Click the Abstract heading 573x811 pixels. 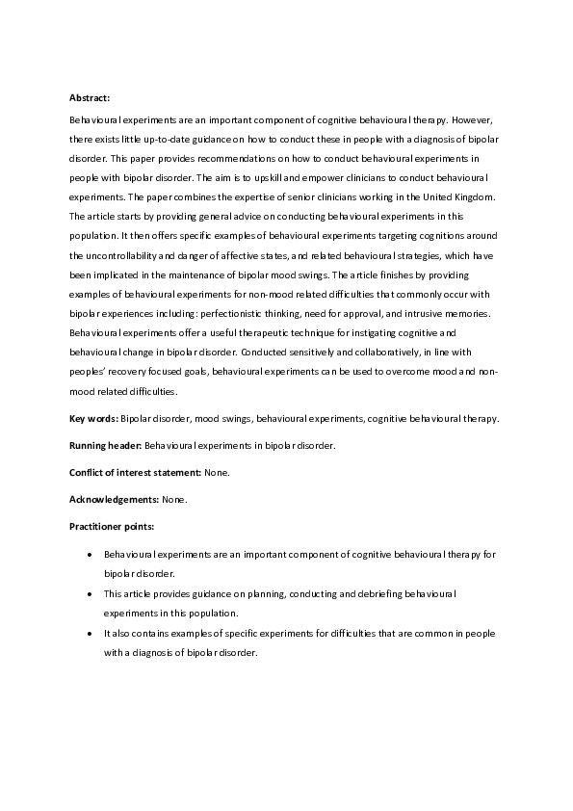click(90, 98)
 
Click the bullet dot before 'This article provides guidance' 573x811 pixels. click(90, 594)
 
